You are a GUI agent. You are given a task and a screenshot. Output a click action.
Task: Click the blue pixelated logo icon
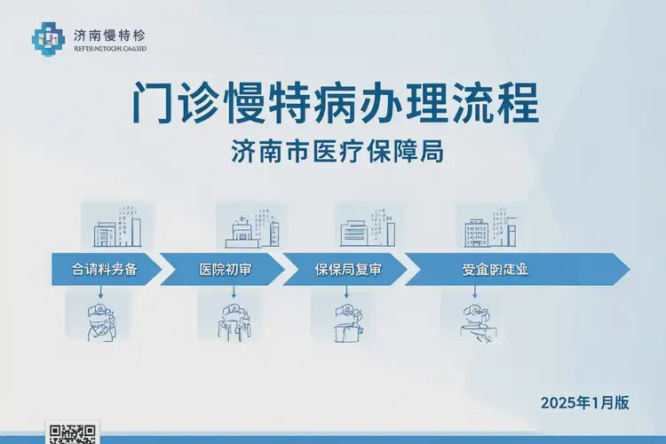pyautogui.click(x=50, y=36)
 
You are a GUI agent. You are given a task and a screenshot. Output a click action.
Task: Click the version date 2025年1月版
pyautogui.click(x=584, y=402)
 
